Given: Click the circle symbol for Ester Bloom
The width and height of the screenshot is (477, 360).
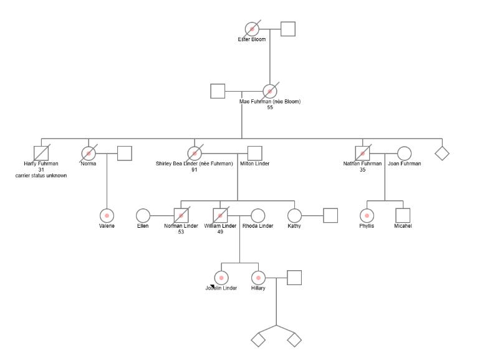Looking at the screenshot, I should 252,29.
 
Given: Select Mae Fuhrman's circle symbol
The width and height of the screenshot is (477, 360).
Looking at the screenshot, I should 269,91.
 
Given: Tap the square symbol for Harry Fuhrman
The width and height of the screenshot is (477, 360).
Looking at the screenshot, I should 41,153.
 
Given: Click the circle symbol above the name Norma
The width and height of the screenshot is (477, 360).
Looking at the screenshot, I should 89,153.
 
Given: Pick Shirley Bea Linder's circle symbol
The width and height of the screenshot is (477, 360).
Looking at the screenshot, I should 195,153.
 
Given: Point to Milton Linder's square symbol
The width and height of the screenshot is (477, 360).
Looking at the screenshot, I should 254,153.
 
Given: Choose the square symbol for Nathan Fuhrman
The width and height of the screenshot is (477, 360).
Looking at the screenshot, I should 362,153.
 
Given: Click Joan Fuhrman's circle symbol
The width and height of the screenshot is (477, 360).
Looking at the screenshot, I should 404,153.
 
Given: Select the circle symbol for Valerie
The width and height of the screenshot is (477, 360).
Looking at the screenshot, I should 107,215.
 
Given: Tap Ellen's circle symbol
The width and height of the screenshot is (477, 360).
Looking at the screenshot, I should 143,215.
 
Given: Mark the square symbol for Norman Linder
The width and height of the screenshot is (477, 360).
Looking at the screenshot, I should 181,215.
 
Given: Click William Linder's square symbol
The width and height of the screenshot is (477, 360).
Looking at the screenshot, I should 220,215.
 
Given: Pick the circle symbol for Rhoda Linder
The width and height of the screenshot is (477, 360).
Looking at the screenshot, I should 258,215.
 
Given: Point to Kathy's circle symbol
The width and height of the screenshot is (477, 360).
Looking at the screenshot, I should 294,215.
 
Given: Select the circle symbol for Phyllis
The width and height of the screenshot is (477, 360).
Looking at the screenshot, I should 367,215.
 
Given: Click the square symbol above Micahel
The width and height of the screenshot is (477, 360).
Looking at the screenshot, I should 403,215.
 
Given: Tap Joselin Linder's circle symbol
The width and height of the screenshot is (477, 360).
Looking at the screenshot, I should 221,278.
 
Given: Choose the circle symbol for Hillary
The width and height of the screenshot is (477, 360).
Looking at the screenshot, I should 258,278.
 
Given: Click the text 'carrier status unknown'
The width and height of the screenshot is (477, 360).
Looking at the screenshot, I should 41,176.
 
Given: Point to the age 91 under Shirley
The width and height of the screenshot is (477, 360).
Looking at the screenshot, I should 195,170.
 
